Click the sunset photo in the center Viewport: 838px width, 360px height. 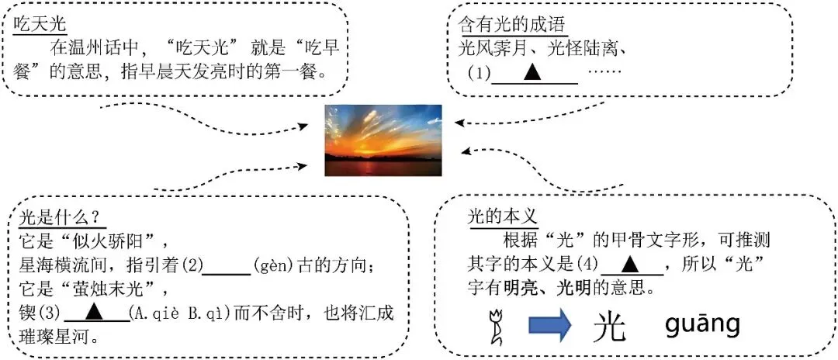383,140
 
